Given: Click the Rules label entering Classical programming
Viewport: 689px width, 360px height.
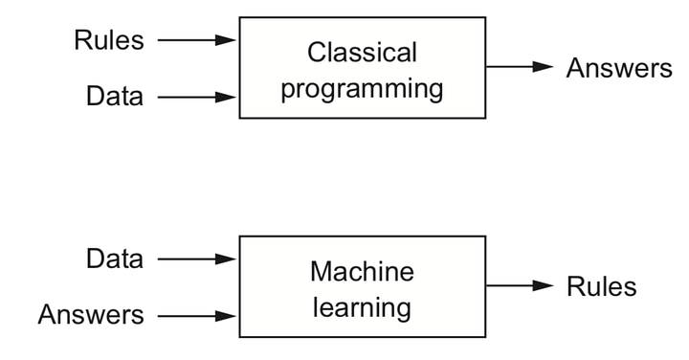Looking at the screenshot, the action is (109, 40).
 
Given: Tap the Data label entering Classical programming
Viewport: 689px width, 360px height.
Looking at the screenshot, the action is (115, 96).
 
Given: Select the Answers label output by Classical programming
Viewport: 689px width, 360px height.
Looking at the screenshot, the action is (619, 68).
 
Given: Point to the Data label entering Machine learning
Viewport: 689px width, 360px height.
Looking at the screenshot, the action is (115, 259).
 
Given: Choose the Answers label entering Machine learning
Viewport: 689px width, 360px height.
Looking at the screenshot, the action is (91, 315).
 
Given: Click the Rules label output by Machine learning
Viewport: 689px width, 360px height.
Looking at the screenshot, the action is (602, 286).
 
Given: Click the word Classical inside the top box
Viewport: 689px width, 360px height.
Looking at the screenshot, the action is (362, 53).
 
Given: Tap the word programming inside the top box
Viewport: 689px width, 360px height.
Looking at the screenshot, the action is (362, 89).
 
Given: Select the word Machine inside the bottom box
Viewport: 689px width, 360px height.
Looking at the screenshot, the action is (362, 271).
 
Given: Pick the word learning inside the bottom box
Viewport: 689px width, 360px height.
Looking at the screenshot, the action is (362, 307).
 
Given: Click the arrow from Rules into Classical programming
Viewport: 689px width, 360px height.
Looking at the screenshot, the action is (197, 40).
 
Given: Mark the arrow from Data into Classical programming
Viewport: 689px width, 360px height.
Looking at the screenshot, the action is (197, 97).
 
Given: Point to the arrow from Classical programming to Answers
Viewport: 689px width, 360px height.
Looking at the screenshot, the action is (520, 67).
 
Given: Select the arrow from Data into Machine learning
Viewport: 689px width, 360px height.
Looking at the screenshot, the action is (197, 259).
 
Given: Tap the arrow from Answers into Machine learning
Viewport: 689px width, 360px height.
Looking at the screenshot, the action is (197, 316).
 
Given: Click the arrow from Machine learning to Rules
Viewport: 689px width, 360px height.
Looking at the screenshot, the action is (520, 285).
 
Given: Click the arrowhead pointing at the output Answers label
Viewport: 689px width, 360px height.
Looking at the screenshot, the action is (543, 67).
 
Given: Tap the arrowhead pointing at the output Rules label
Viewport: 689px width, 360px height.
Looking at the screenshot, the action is (543, 285).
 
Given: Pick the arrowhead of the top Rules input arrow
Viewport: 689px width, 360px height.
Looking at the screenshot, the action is (226, 40).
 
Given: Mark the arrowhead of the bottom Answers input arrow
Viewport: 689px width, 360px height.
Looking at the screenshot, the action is (226, 316).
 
